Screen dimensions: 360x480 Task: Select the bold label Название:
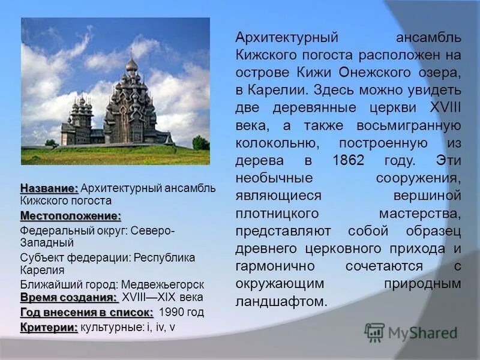49,188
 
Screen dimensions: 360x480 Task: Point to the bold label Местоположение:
71,215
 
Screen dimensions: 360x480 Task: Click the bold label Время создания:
68,298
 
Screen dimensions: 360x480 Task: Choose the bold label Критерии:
49,327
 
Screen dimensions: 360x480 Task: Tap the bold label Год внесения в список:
87,312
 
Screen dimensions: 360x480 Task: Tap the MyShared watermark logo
412,332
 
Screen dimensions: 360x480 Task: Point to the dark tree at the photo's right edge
200,143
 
